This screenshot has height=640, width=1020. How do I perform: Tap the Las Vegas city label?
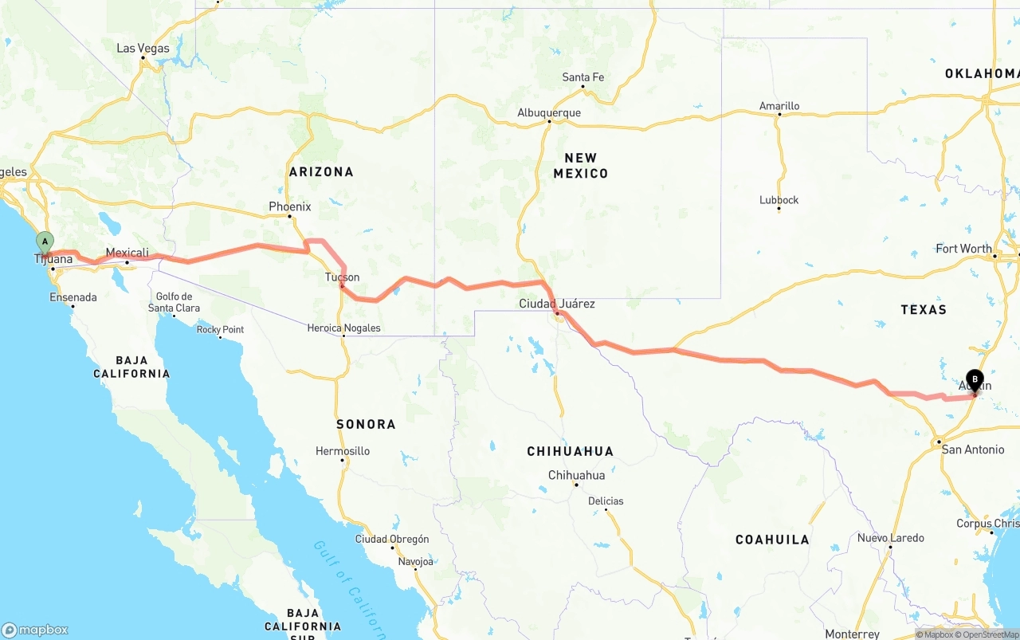coord(143,49)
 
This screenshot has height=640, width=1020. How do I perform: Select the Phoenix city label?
coord(289,206)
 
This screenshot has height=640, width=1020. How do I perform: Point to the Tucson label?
coord(342,277)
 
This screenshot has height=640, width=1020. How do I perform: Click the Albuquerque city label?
coord(549,113)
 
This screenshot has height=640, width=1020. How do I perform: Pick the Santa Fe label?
coord(583,77)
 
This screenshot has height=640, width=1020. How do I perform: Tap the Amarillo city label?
coord(779,106)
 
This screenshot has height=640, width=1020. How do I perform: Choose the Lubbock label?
coord(779,200)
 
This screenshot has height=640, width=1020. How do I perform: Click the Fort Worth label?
coord(963,249)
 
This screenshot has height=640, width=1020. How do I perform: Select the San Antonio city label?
coord(972,450)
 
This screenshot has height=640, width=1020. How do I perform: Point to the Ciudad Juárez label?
coord(556,304)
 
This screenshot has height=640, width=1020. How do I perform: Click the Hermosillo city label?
coord(343,451)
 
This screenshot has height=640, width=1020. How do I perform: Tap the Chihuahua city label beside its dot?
coord(576,475)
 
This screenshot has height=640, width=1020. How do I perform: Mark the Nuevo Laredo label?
coord(890,538)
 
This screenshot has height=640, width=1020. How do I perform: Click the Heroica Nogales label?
coord(343,328)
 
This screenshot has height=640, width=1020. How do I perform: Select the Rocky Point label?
coord(220,330)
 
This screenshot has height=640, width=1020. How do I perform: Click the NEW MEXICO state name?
coord(580,166)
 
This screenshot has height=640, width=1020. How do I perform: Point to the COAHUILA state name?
coord(771,540)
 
